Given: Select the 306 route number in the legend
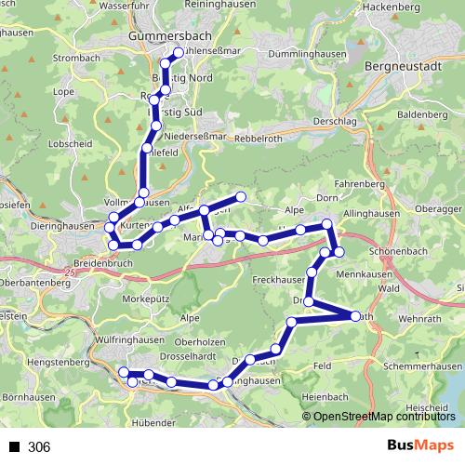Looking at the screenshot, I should (x=39, y=447).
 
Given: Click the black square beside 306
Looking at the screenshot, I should (x=14, y=447).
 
